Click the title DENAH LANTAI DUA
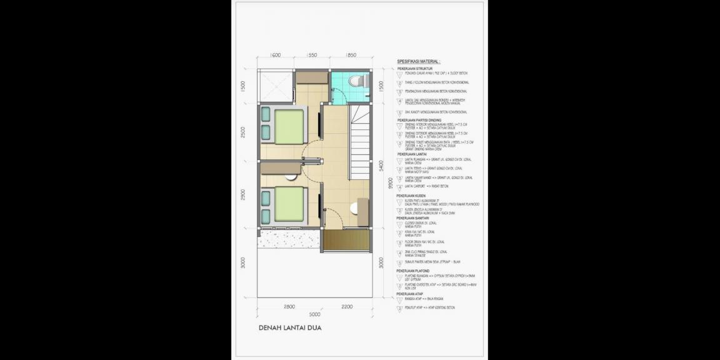point(290,327)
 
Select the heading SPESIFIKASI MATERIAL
point(418,62)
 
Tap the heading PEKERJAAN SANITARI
point(412,218)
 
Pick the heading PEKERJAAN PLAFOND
point(412,271)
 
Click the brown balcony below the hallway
point(347,239)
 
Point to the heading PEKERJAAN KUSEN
point(411,196)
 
